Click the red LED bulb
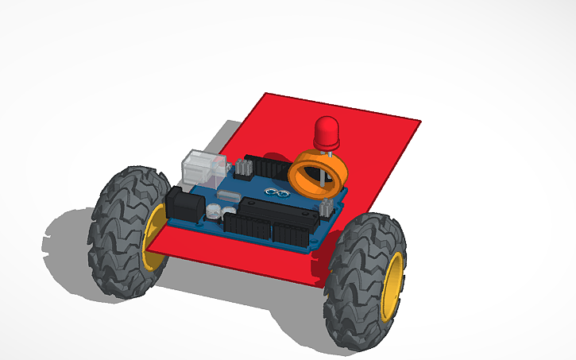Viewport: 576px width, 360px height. pos(327,132)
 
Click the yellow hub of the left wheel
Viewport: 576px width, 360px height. pos(153,238)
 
